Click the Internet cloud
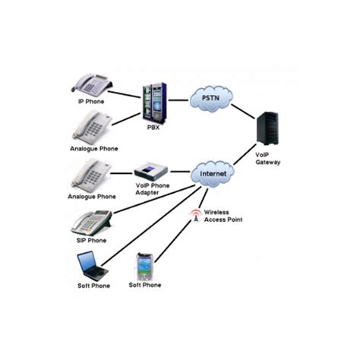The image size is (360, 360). (x=213, y=173)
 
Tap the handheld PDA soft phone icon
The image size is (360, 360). (x=145, y=266)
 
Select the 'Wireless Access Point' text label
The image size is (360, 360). (x=221, y=216)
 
